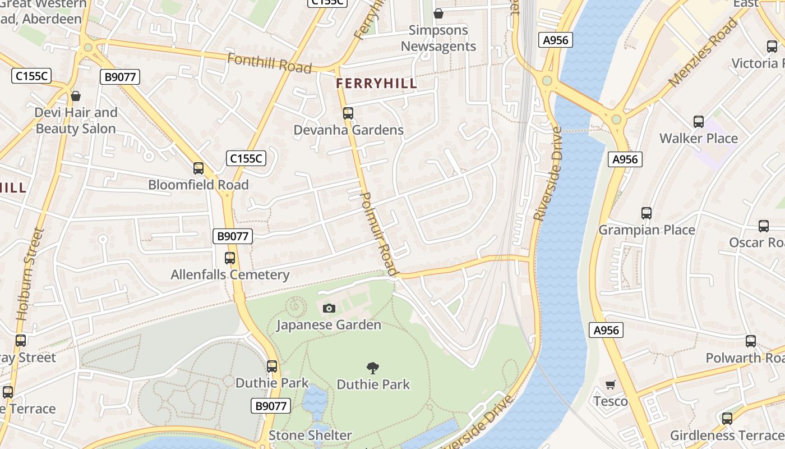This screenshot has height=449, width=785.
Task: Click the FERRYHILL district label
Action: (376, 84)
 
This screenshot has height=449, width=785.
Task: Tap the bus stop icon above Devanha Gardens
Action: (348, 113)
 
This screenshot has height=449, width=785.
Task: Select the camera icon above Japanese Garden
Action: (329, 308)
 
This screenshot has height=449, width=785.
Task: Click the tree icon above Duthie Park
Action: (373, 368)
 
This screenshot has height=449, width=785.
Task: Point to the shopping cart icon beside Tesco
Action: (611, 384)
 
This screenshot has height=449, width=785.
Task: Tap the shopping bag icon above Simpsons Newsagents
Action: (438, 13)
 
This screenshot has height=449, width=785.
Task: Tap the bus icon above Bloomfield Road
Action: (198, 168)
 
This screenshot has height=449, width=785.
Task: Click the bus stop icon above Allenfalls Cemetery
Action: (230, 258)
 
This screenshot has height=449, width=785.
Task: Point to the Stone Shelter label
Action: (310, 435)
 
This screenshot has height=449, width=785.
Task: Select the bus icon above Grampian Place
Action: (647, 213)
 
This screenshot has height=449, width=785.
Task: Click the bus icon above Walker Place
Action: (699, 121)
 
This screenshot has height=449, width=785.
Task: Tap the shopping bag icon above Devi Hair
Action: (76, 96)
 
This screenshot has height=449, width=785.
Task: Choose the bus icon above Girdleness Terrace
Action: (727, 418)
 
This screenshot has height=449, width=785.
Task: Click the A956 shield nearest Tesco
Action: (606, 330)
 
